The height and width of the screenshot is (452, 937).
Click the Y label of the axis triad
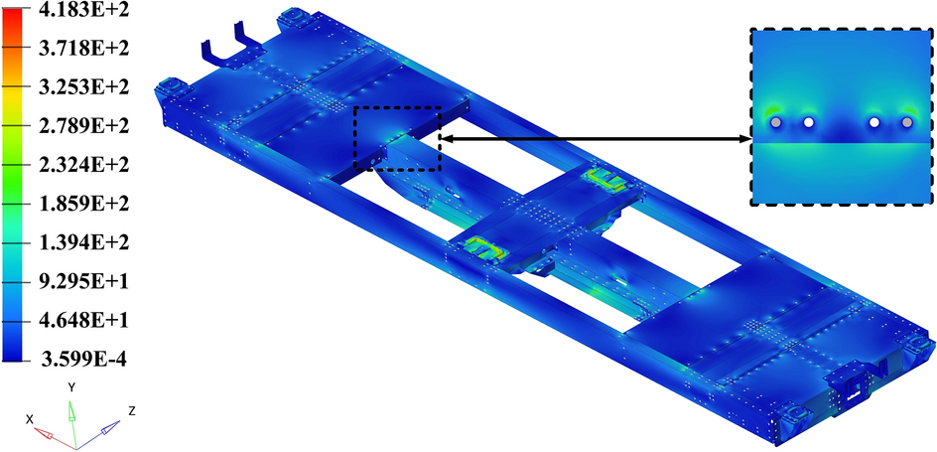pos(71,385)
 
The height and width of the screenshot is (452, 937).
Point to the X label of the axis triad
pos(30,419)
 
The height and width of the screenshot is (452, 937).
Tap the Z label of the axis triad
pos(132,409)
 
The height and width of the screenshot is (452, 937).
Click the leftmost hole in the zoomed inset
pos(776,122)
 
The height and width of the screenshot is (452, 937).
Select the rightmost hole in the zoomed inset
pos(906,122)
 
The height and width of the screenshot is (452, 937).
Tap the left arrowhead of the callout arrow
pos(445,139)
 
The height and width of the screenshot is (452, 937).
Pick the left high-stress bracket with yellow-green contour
pos(481,247)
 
